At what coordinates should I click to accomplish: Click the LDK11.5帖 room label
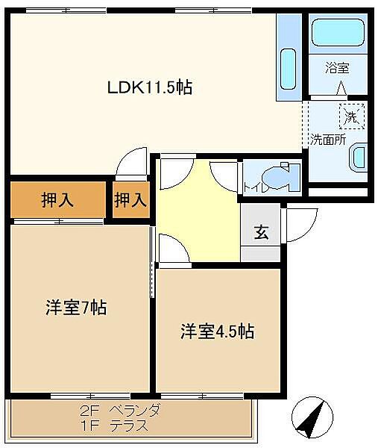click(150, 87)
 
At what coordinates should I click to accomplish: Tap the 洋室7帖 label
click(76, 308)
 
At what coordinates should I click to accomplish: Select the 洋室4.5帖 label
click(218, 332)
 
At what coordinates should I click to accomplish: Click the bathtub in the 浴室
click(338, 32)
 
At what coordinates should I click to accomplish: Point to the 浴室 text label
click(337, 68)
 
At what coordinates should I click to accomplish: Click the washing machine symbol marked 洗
click(352, 116)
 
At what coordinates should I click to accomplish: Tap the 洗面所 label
click(328, 140)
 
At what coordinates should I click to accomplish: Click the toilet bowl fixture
click(279, 178)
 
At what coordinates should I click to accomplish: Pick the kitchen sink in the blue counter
click(288, 69)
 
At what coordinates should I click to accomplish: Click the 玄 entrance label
click(261, 231)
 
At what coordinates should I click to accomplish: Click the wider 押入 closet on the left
click(58, 199)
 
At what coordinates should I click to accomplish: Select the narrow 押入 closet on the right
click(131, 199)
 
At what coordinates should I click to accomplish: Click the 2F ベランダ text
click(119, 411)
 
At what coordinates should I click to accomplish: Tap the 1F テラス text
click(114, 426)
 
